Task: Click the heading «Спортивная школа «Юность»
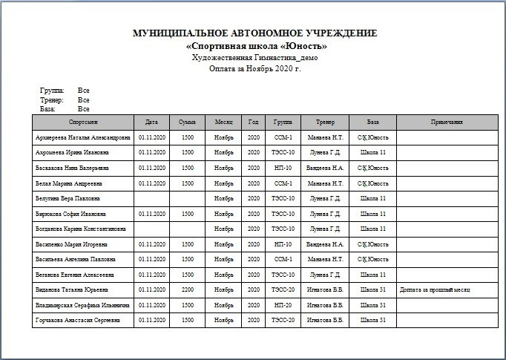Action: [255, 46]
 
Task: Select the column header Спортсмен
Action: [83, 122]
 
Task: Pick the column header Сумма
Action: [188, 122]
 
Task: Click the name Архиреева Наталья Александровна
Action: [82, 137]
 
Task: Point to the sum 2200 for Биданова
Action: [188, 289]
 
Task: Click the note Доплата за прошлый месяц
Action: [435, 289]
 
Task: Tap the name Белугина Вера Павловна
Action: [66, 198]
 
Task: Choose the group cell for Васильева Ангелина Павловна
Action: [283, 259]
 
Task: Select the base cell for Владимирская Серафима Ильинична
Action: [372, 305]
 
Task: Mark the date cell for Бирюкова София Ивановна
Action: [151, 214]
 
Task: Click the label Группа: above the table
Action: [53, 90]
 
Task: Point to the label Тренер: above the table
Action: [53, 99]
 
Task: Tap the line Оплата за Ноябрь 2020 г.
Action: [255, 68]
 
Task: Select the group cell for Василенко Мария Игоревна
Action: [283, 244]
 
